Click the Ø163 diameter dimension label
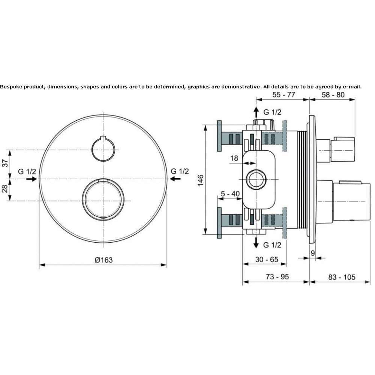point(103,260)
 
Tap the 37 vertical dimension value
point(5,163)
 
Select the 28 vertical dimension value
point(5,189)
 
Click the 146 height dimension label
point(200,180)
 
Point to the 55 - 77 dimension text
point(283,95)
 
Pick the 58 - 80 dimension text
point(333,95)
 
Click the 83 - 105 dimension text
point(342,277)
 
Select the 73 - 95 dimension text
point(277,277)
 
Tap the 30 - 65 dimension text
point(267,259)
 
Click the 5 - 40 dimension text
point(230,194)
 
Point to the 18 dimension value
point(234,158)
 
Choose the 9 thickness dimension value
point(313,253)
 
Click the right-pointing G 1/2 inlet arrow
point(31,179)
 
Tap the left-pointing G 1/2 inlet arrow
point(175,178)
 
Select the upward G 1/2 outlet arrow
point(256,112)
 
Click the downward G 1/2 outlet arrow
point(256,243)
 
